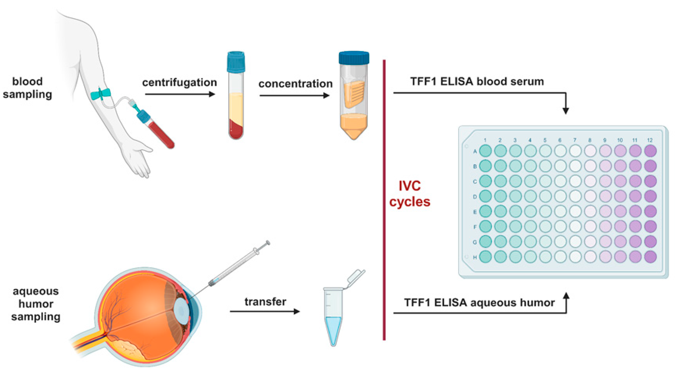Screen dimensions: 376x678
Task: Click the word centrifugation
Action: (x=179, y=82)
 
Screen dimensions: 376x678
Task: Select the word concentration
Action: (x=295, y=84)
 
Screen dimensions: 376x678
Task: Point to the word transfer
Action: (x=265, y=302)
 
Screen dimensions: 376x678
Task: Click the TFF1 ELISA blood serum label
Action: (x=477, y=81)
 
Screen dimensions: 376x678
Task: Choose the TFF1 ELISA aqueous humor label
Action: (x=479, y=302)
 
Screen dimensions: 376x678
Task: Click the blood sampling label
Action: (x=27, y=88)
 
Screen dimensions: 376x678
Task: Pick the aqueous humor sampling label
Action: (x=36, y=304)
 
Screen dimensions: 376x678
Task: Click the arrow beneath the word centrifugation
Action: (x=180, y=94)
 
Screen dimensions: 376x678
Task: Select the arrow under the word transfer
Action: (x=265, y=311)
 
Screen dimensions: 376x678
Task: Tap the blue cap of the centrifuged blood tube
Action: (x=236, y=62)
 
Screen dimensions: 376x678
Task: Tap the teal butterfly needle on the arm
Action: (x=101, y=94)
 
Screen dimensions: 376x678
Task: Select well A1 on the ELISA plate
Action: (x=485, y=151)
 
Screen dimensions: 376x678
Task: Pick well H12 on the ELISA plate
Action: (x=650, y=257)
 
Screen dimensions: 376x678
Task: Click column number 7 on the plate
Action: (x=575, y=140)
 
